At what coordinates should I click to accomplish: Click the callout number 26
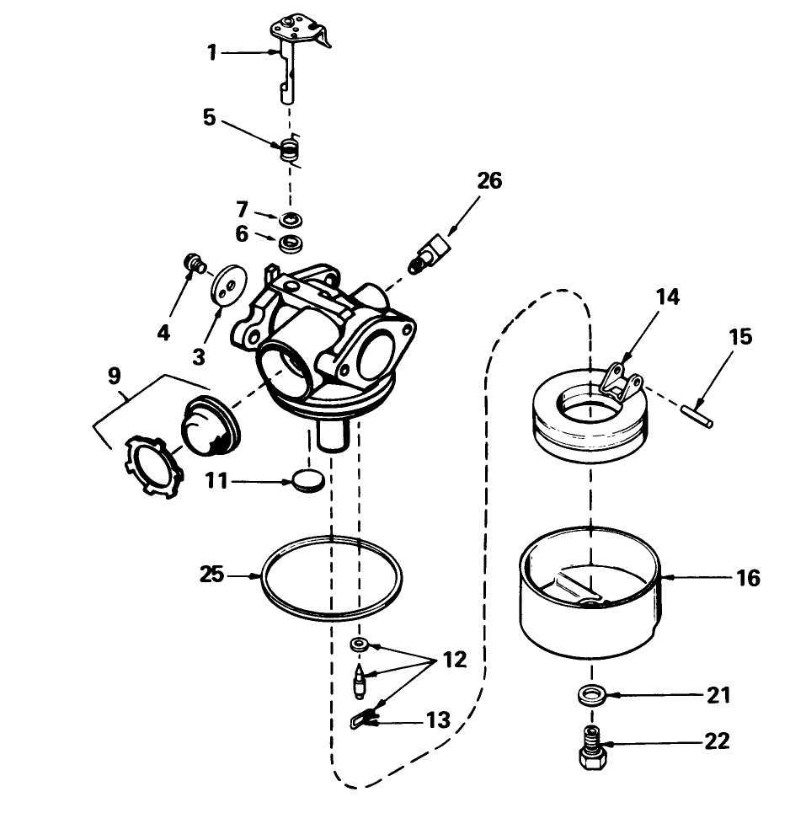488,181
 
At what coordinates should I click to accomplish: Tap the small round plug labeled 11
309,481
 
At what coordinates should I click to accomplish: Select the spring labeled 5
290,152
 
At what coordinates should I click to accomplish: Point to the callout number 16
747,578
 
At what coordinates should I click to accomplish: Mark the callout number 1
212,53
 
